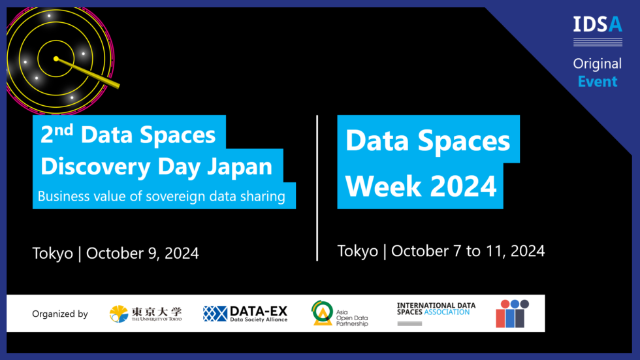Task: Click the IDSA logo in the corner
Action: (597, 27)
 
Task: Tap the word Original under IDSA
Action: (597, 64)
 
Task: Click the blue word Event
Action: (597, 82)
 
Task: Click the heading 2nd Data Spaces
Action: (128, 135)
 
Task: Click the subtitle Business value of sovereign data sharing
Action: (161, 196)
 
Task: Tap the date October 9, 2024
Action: (142, 254)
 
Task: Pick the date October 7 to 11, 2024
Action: (468, 251)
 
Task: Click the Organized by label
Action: (60, 314)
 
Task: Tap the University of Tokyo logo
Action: (146, 314)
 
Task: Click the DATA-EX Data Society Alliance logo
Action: (245, 314)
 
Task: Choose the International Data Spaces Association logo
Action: (436, 311)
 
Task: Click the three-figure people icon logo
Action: (512, 314)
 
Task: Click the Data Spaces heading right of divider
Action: (428, 140)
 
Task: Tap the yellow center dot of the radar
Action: (56, 59)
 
